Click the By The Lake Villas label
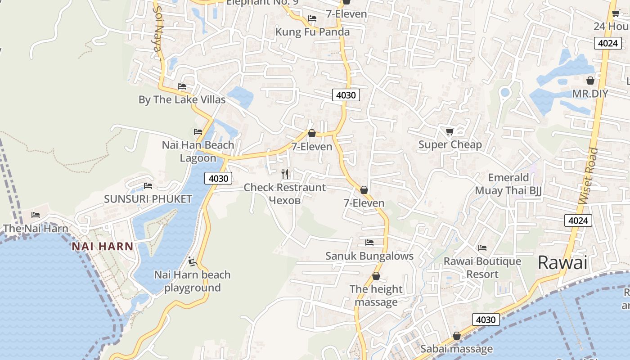click(x=182, y=99)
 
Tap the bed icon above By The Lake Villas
click(x=182, y=86)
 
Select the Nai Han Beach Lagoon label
click(x=198, y=152)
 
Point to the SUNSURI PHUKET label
click(x=148, y=199)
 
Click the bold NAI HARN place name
click(x=103, y=246)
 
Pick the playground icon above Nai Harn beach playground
click(x=193, y=261)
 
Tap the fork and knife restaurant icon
click(x=285, y=174)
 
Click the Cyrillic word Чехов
click(x=284, y=200)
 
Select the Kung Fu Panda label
click(x=312, y=32)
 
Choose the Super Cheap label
click(x=450, y=144)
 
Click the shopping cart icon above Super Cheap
click(x=450, y=131)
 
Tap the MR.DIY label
click(x=590, y=94)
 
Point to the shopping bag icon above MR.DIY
click(x=590, y=81)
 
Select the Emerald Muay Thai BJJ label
click(x=508, y=184)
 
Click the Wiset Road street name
click(x=589, y=176)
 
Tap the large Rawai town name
click(x=562, y=262)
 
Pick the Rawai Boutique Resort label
click(x=482, y=268)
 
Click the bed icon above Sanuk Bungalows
click(x=369, y=243)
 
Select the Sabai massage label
click(x=456, y=349)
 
